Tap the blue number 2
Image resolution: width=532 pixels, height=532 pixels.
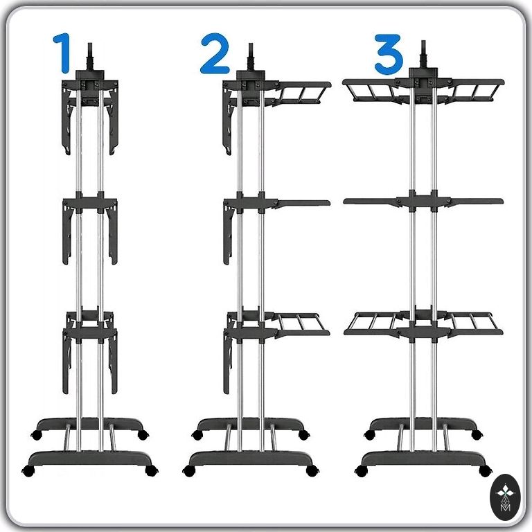215,53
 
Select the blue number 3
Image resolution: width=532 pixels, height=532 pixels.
389,54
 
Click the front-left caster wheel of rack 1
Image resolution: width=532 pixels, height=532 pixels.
28,471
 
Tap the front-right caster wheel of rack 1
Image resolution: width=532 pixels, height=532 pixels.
152,470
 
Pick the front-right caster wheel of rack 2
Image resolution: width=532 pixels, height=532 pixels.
312,470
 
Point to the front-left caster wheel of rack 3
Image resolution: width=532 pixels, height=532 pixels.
362,470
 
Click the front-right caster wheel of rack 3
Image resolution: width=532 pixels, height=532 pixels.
486,470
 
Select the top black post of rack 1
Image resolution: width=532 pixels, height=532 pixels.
90,57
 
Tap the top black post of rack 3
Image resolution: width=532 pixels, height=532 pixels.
423,54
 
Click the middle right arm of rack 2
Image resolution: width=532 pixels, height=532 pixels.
302,204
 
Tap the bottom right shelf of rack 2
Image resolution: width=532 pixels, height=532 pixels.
301,326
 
